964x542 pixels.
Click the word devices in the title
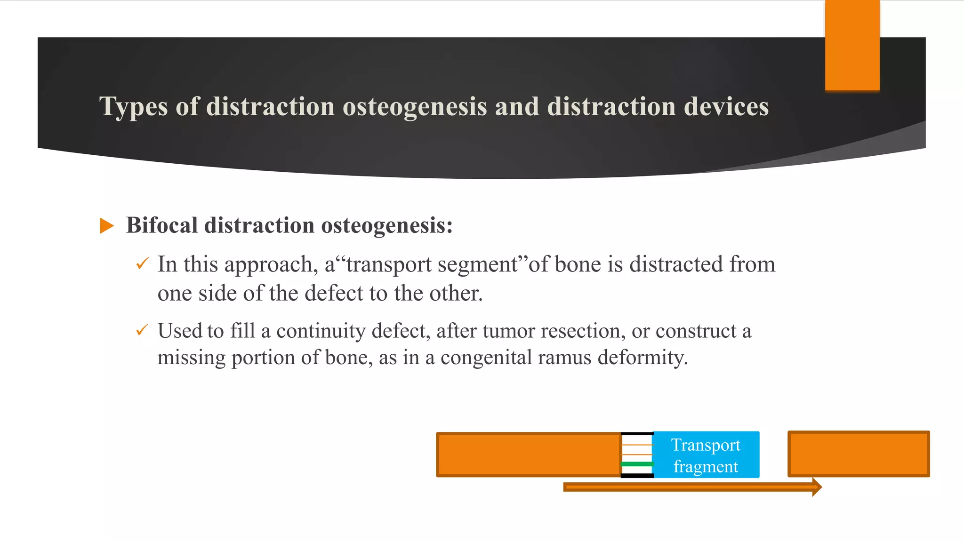[x=726, y=106]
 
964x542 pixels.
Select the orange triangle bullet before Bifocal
[x=107, y=226]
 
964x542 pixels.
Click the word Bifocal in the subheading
[x=161, y=225]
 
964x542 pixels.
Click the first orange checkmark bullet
[x=142, y=263]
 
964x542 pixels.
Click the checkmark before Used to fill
[x=142, y=330]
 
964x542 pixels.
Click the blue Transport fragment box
[x=706, y=455]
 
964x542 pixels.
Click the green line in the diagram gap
[x=637, y=464]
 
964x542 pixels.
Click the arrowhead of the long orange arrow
[x=817, y=487]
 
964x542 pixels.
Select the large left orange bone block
[x=528, y=454]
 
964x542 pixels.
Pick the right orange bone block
[x=859, y=454]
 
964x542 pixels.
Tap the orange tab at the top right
[x=852, y=46]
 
